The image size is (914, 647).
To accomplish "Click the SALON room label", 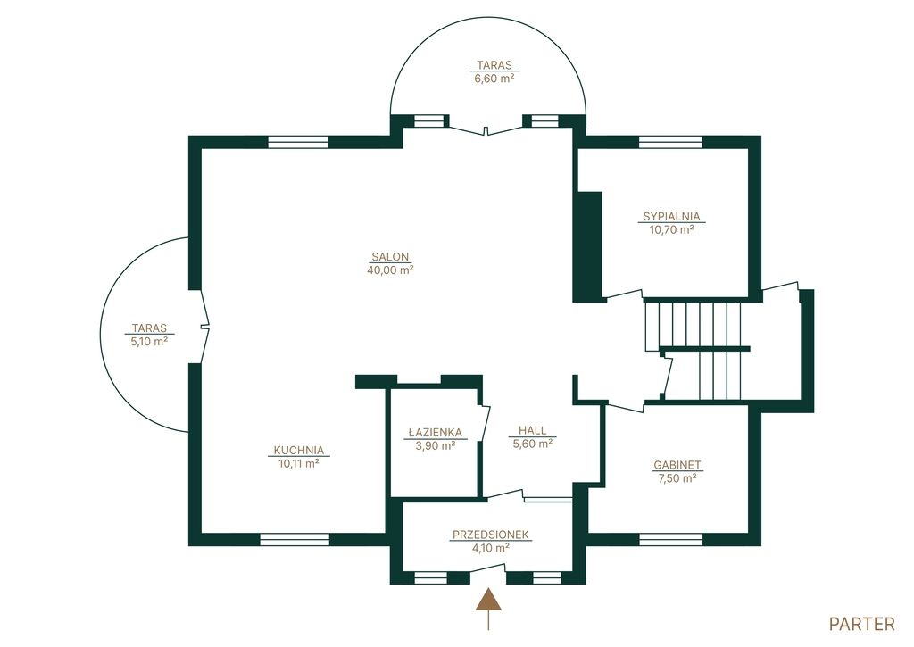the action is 391,256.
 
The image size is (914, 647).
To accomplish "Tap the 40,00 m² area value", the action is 391,270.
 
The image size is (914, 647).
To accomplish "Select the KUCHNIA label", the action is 299,450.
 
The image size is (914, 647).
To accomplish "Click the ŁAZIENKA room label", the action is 435,433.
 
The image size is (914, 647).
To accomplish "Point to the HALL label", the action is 533,431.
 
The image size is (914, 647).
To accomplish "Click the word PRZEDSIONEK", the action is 491,535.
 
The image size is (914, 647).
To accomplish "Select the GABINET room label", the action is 677,465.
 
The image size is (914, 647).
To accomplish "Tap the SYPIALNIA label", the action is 671,216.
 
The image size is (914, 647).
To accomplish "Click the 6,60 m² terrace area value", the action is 494,79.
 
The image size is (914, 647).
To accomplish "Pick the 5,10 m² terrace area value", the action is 150,342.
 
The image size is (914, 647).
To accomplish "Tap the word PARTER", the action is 861,625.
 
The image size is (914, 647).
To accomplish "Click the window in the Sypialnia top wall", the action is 670,142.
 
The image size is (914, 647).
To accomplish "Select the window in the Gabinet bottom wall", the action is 670,539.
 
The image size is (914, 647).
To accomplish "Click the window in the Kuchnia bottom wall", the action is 295,539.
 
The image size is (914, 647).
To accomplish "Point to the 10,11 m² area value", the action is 299,463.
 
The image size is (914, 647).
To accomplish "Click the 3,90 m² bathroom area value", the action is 435,446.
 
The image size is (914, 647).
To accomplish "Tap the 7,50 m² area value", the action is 677,478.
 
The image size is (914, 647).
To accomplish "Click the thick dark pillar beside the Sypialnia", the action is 587,247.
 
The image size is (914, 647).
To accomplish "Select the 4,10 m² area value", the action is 491,548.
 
